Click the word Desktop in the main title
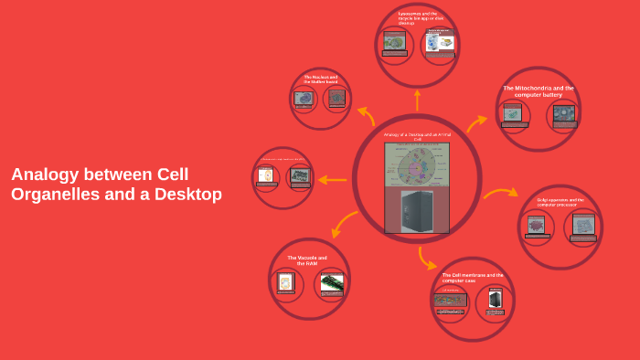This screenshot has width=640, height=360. point(187,194)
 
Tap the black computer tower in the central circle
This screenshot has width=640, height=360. point(417,210)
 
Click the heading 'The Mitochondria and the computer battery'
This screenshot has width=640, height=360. point(539,91)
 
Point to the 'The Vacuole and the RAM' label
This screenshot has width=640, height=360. point(307,260)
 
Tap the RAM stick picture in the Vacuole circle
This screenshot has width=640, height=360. point(332,282)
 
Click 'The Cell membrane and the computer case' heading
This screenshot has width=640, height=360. point(473,277)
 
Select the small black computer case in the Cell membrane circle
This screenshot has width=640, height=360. point(496,300)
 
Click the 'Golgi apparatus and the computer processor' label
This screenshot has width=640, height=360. point(560,202)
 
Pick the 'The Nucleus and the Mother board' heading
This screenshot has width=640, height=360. point(321,79)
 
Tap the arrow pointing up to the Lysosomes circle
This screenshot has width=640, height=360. point(417,99)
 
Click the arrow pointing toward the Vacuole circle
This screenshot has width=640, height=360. point(344,223)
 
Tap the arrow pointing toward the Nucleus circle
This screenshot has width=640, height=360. point(366,114)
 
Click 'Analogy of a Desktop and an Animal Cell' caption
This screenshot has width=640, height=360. point(417,137)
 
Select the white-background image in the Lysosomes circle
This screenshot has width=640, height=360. point(441,42)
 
